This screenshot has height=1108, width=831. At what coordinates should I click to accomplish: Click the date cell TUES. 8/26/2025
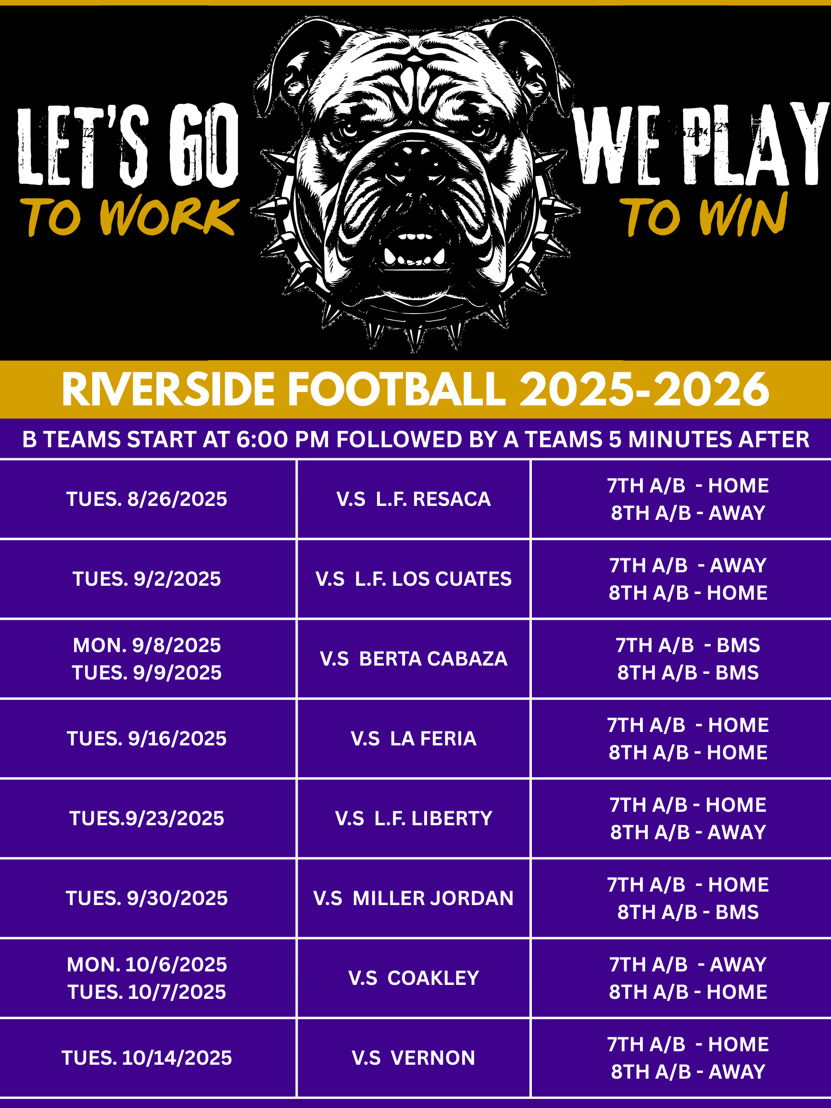tap(147, 499)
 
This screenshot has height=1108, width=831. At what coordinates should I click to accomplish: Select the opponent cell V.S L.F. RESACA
tap(413, 499)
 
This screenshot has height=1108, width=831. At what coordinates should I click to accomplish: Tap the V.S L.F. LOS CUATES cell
tap(413, 579)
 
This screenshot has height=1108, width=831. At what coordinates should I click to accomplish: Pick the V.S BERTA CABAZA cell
tap(413, 659)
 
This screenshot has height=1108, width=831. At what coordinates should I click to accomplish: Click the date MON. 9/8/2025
tap(147, 645)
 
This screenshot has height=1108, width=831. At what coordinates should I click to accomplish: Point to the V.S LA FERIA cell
tap(413, 738)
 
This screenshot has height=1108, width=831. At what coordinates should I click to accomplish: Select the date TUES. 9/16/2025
tap(147, 738)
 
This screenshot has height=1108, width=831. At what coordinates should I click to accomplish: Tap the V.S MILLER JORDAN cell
tap(413, 898)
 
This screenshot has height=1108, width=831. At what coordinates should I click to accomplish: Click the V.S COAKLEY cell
tap(413, 978)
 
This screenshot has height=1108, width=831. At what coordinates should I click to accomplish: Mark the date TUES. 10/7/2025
tap(147, 992)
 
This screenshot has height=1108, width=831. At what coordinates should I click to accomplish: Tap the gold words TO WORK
tap(129, 216)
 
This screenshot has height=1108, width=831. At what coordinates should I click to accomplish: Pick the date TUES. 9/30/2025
tap(147, 898)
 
